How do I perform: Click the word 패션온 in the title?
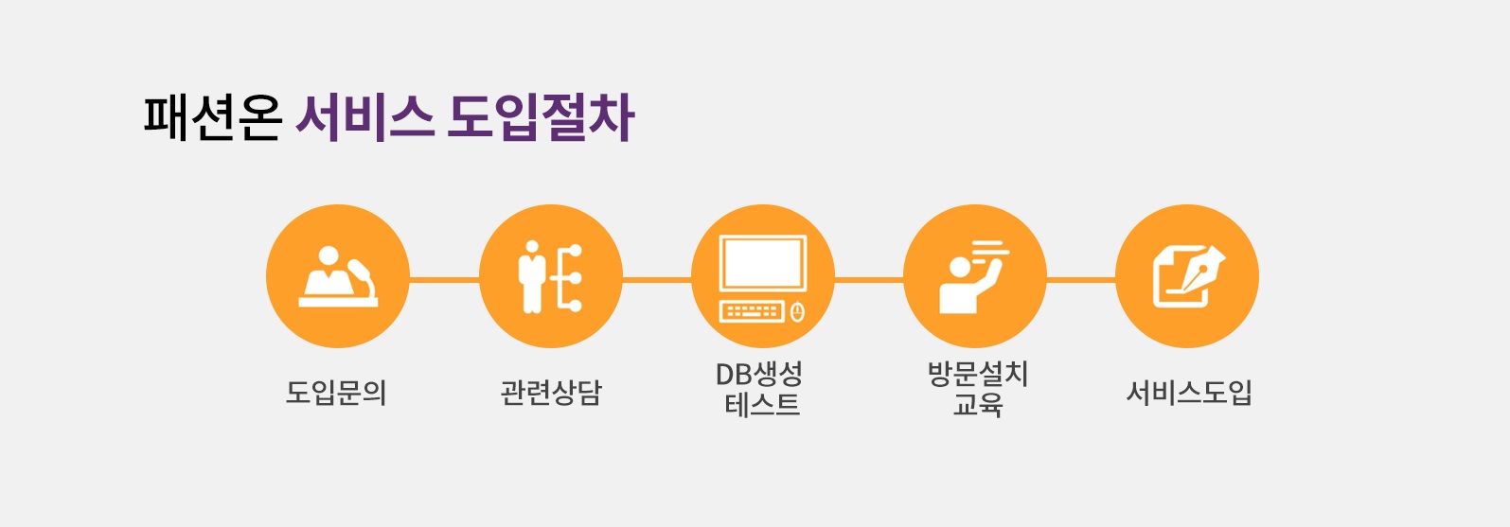(x=213, y=117)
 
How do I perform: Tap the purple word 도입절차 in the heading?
(x=541, y=117)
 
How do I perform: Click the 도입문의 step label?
(x=336, y=392)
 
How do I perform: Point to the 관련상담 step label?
(x=551, y=392)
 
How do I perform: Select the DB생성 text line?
(x=759, y=375)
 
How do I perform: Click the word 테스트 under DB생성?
(x=762, y=406)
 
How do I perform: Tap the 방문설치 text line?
(x=977, y=375)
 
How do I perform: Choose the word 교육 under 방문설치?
(x=977, y=406)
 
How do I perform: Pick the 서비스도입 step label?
(x=1189, y=392)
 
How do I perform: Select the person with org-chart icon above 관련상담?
(x=550, y=276)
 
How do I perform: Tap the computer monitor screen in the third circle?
(x=762, y=264)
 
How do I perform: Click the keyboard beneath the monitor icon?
(x=752, y=311)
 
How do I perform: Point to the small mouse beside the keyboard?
(x=797, y=311)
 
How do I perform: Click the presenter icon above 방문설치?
(x=973, y=276)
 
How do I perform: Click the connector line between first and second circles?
(x=444, y=280)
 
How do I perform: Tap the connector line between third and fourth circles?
(x=868, y=280)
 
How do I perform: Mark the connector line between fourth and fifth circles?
(x=1080, y=280)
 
